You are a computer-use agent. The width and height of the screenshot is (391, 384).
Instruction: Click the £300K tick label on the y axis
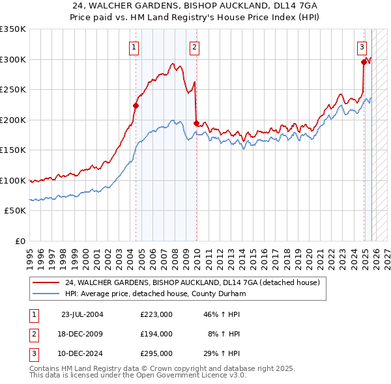click(13, 59)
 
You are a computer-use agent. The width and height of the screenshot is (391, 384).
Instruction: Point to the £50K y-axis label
click(15, 211)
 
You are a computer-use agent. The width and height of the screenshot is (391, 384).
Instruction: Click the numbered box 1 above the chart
click(134, 46)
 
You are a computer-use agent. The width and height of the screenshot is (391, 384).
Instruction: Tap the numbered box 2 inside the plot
click(195, 46)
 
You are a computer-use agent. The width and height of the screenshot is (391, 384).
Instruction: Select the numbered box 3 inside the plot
click(362, 46)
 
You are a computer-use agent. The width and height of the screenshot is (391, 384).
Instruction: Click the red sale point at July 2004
click(136, 105)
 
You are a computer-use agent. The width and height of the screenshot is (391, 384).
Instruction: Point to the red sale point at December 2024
click(364, 62)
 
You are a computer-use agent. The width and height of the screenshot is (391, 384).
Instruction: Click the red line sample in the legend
click(46, 283)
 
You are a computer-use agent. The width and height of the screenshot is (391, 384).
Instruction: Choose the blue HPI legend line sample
click(46, 294)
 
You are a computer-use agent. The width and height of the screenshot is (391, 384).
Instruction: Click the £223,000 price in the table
click(156, 314)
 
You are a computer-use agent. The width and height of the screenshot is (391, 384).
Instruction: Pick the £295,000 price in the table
click(156, 353)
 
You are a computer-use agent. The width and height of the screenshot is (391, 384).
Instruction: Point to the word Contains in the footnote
click(46, 368)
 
